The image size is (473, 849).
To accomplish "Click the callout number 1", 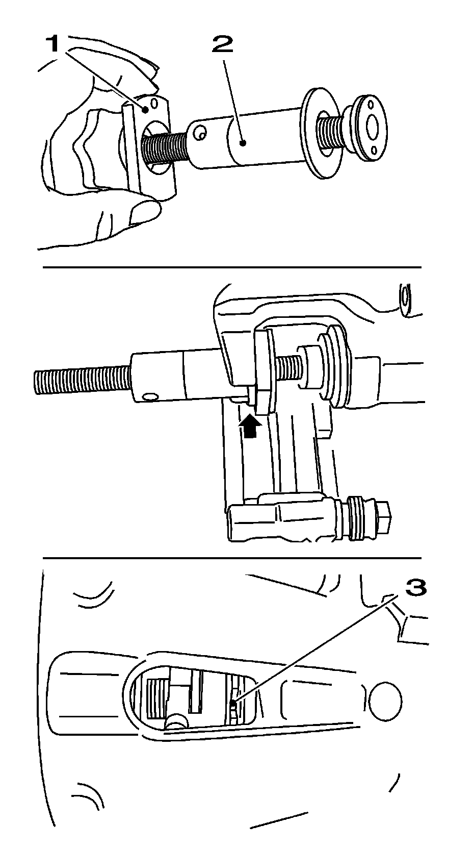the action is click(54, 45).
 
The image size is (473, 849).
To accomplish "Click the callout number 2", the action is click(222, 44).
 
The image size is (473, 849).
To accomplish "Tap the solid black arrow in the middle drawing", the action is click(250, 426).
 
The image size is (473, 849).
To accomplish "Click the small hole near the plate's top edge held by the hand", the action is click(154, 103).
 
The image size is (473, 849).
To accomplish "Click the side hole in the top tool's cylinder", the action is click(200, 133).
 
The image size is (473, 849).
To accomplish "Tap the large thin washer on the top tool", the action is click(320, 133).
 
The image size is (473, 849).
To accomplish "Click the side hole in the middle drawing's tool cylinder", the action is click(149, 397).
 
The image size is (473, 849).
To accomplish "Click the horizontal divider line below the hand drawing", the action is click(232, 267).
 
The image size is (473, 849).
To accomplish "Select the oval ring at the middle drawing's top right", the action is click(405, 296).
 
